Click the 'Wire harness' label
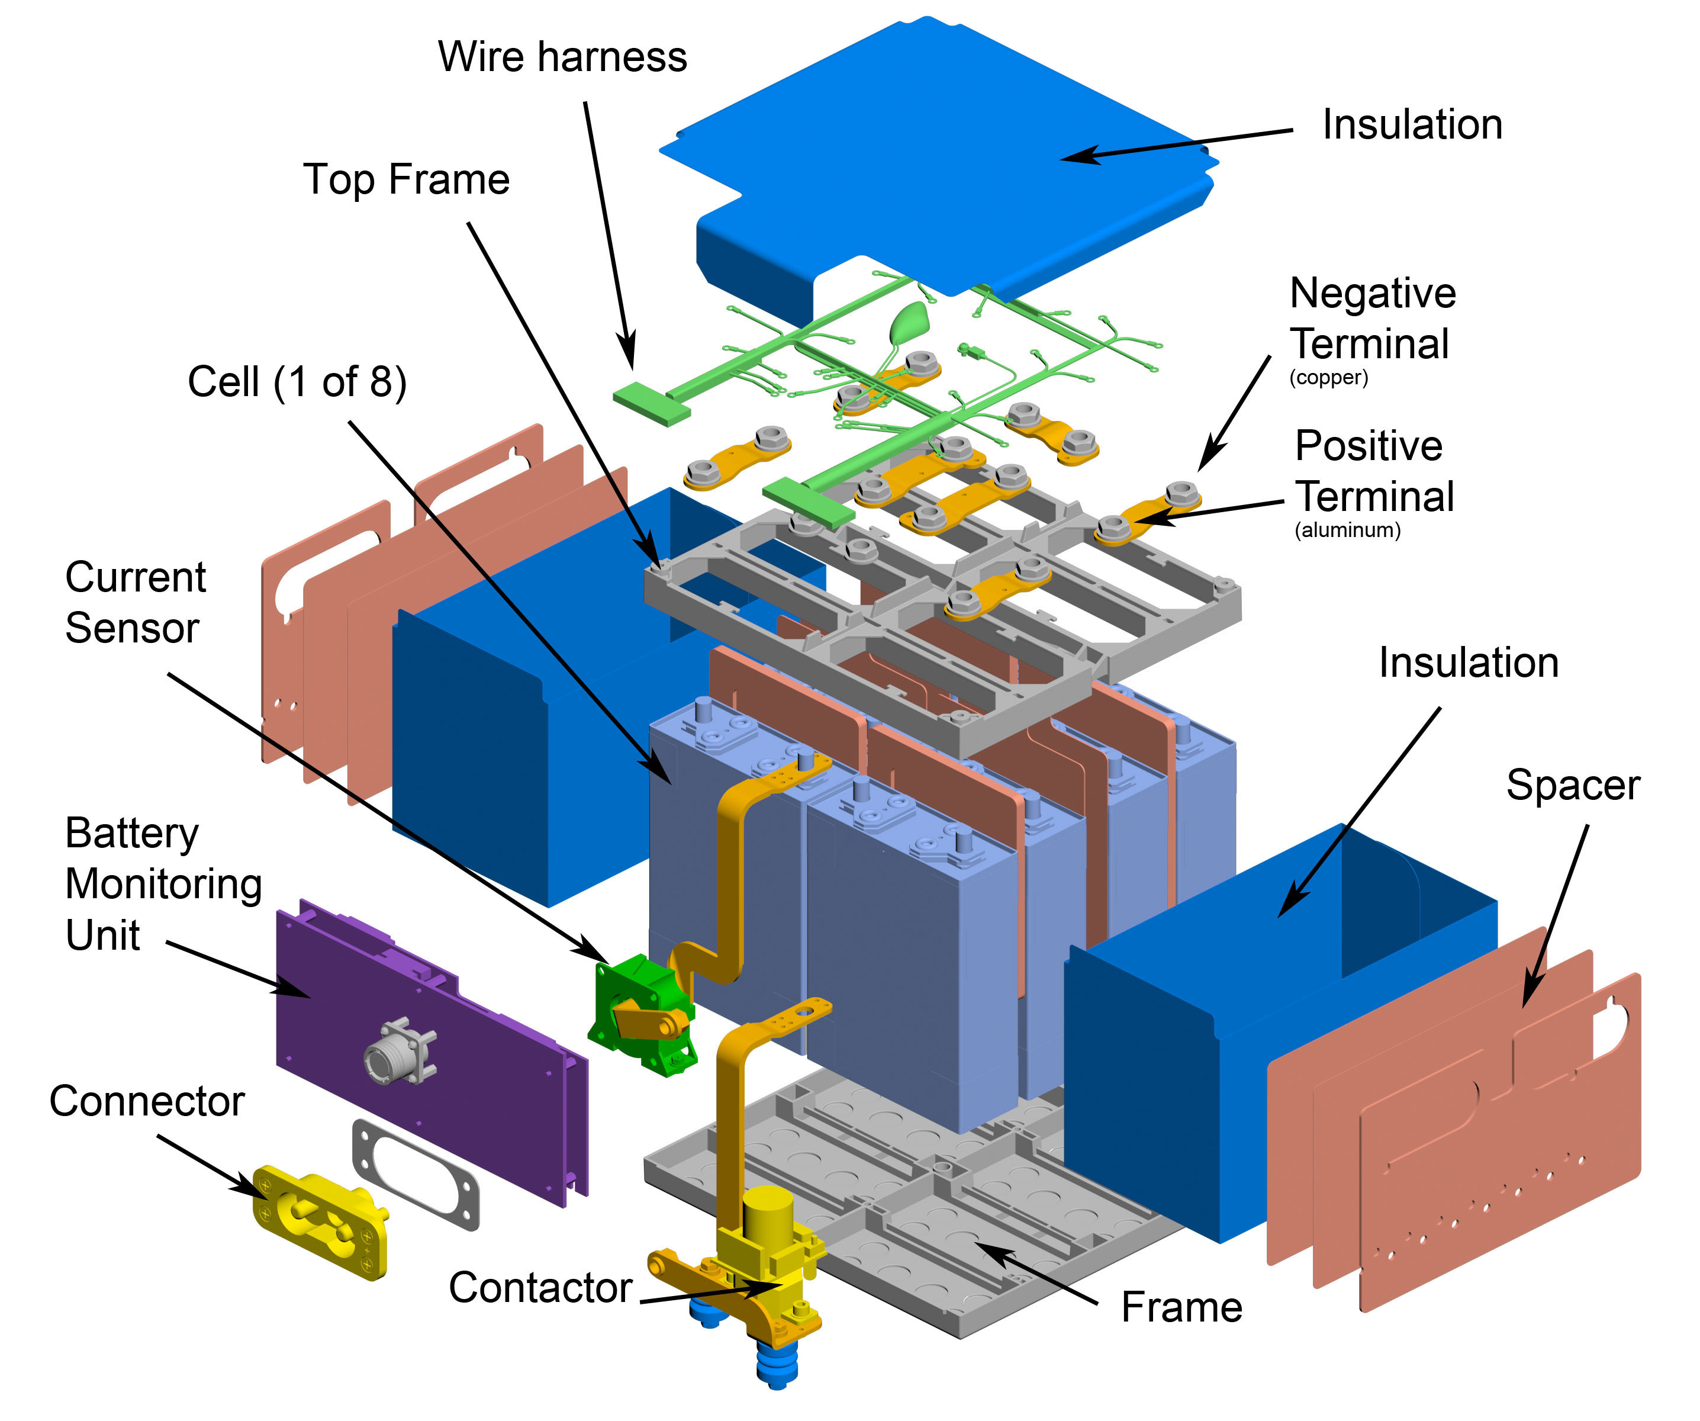pyautogui.click(x=562, y=57)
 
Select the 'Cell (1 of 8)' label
pyautogui.click(x=297, y=381)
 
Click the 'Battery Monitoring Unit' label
pyautogui.click(x=162, y=884)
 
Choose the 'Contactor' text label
pyautogui.click(x=540, y=1287)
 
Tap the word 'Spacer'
pyautogui.click(x=1572, y=785)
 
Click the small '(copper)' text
pyautogui.click(x=1328, y=377)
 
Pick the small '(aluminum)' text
pyautogui.click(x=1347, y=531)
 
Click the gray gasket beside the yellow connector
pyautogui.click(x=414, y=1174)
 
